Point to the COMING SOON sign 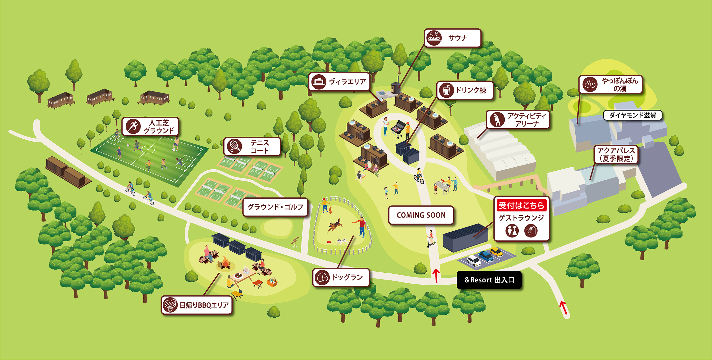[x=421, y=215]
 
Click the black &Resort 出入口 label [x=489, y=280]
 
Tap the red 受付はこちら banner [x=521, y=205]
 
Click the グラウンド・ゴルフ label [x=275, y=207]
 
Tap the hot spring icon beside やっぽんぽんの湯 [x=590, y=84]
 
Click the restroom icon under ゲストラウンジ [x=512, y=230]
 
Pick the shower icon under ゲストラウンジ [x=531, y=230]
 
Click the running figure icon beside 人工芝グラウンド [x=133, y=127]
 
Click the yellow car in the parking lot [x=496, y=252]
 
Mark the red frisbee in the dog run [x=329, y=242]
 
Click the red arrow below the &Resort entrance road [x=564, y=308]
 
